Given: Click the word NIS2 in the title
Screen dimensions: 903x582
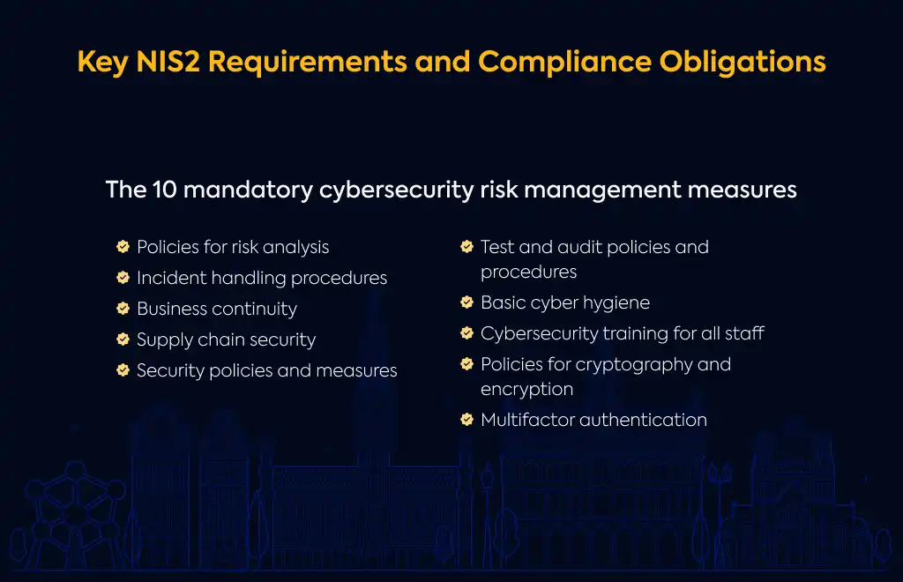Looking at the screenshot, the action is (168, 61).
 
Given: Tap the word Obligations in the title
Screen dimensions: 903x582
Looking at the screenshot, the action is (743, 63).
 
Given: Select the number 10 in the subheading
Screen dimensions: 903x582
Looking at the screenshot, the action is (165, 190).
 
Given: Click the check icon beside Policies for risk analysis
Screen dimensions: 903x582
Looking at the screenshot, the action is (123, 246).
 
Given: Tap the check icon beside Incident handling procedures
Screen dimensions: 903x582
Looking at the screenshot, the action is (123, 278).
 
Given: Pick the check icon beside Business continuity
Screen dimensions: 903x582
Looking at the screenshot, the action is (123, 308).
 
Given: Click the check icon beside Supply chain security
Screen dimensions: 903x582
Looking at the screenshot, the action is (123, 339).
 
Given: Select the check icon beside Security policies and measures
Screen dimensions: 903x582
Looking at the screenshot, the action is (123, 369).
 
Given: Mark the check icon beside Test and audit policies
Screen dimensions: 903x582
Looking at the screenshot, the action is (467, 246).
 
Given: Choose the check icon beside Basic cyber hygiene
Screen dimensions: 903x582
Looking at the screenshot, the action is (467, 302).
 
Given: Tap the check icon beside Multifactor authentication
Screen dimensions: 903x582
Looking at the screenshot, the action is (467, 420).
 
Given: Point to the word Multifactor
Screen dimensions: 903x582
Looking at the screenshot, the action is (527, 420).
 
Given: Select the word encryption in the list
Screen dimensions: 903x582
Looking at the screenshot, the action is (527, 390).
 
